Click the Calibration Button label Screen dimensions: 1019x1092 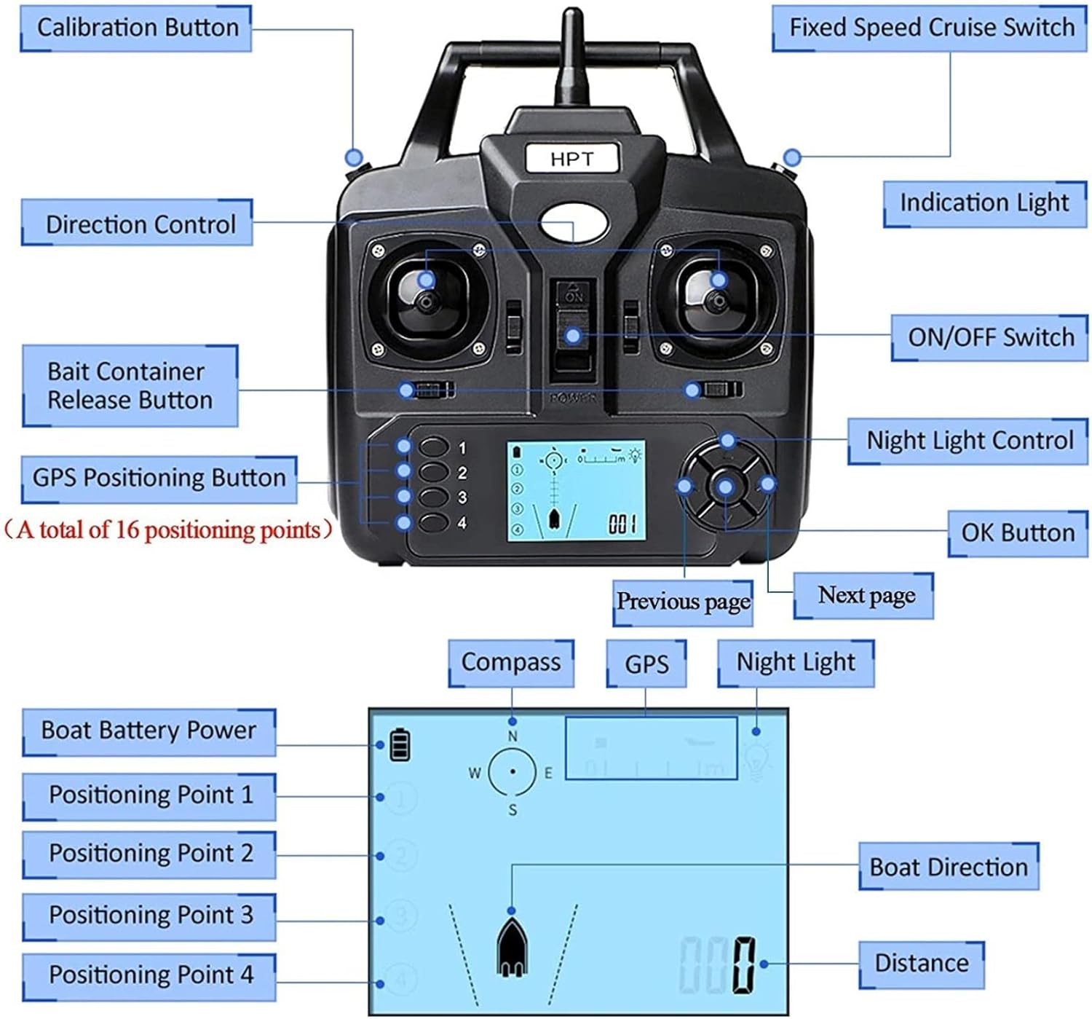[137, 28]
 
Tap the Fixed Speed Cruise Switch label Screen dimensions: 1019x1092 [931, 28]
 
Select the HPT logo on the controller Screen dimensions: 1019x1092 [572, 159]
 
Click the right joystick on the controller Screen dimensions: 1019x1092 [718, 299]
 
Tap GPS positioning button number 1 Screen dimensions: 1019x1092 [434, 446]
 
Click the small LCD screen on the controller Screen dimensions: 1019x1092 [576, 491]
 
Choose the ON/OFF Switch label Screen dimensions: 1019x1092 [990, 337]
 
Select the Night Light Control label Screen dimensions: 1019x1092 [969, 441]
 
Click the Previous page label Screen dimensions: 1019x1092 [683, 602]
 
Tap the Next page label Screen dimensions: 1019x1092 [866, 595]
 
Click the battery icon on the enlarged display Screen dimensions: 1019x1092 [400, 745]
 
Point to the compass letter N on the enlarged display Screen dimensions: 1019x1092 [513, 736]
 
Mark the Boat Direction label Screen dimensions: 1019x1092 [949, 867]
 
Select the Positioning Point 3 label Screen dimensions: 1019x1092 [150, 915]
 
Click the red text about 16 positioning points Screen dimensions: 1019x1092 [167, 530]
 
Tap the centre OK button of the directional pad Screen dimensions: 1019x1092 [726, 487]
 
